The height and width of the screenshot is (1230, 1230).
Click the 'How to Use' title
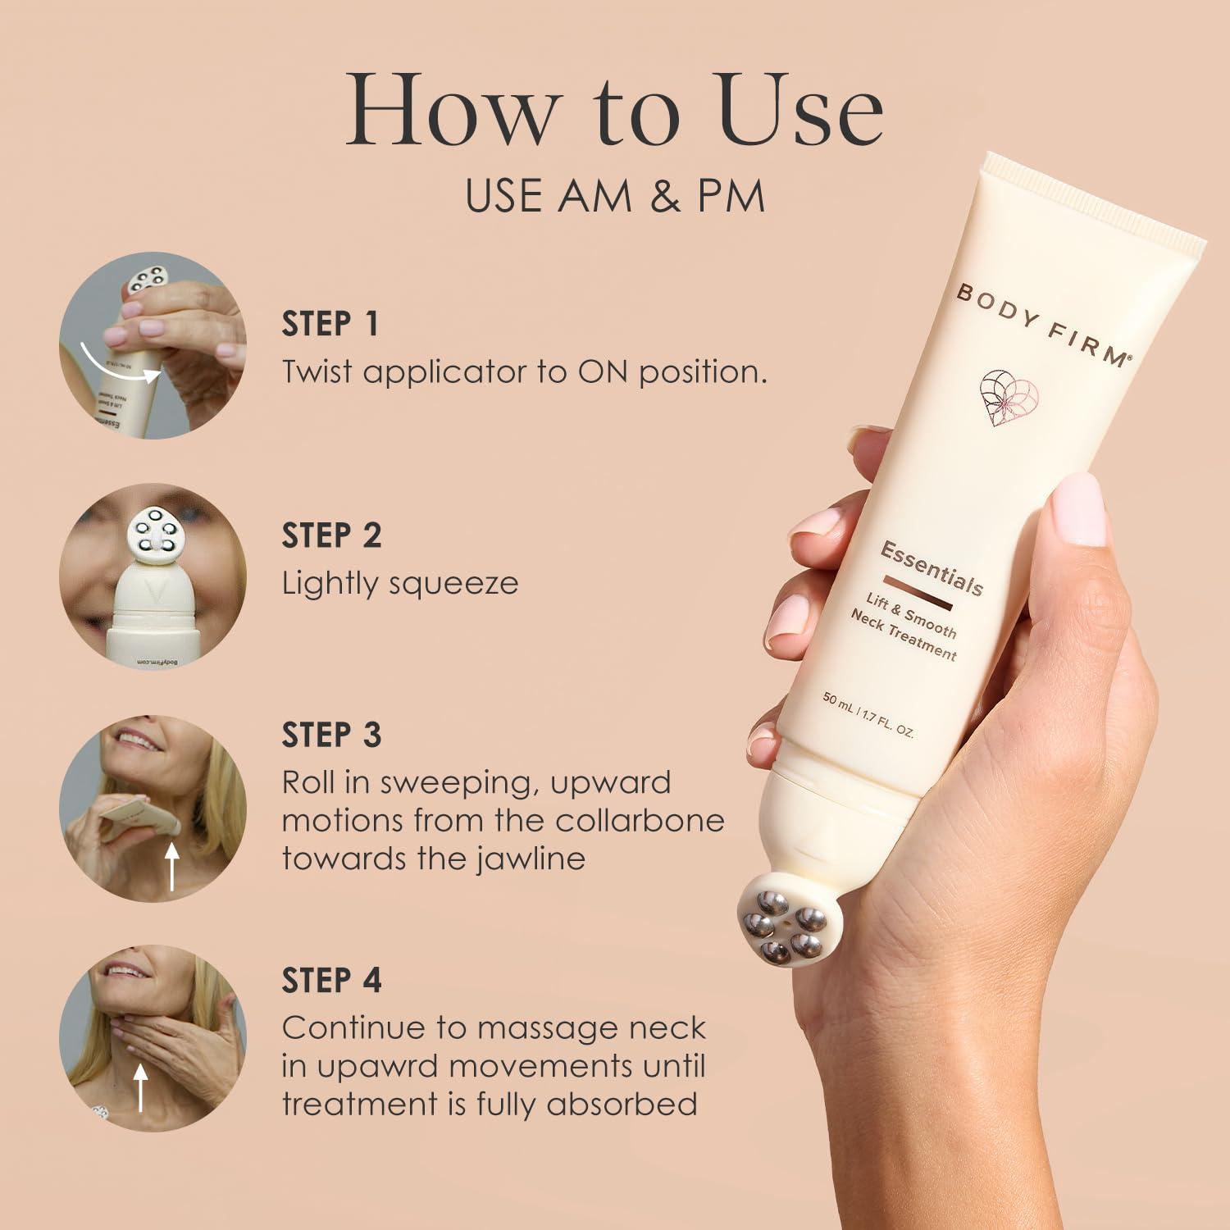tap(614, 111)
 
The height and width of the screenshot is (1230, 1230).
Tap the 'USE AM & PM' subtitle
tap(614, 196)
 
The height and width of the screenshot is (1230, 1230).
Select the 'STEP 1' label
tap(330, 324)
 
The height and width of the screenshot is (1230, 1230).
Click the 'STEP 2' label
tap(332, 535)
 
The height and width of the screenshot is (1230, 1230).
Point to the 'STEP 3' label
tap(332, 736)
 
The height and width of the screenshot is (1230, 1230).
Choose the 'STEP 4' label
tap(332, 981)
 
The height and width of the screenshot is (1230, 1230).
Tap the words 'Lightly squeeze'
tap(400, 584)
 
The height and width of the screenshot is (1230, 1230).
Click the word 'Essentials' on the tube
tap(932, 567)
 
